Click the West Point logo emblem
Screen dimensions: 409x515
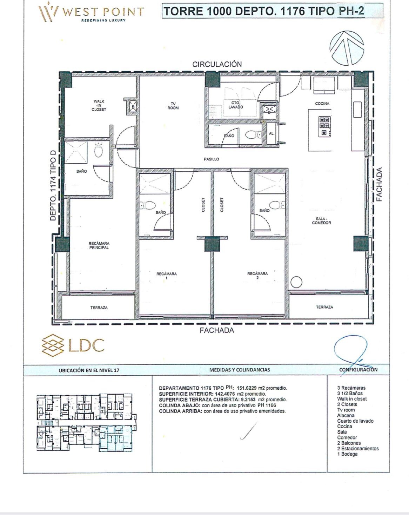[x=48, y=12]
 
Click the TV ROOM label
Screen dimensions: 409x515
[x=173, y=106]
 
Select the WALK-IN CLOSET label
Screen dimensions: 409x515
[x=99, y=105]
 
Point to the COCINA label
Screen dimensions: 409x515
[x=322, y=104]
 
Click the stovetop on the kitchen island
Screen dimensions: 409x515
[x=324, y=126]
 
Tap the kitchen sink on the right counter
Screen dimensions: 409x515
[x=357, y=110]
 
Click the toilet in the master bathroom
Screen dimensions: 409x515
[x=99, y=150]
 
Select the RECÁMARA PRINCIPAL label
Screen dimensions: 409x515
[x=99, y=245]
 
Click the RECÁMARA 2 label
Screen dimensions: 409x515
[x=257, y=276]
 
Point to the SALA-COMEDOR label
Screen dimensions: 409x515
[x=321, y=221]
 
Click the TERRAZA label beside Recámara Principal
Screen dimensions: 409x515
[x=99, y=308]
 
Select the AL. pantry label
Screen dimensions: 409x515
[x=271, y=133]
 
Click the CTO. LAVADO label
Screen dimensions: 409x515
[x=235, y=105]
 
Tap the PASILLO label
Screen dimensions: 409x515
[x=212, y=159]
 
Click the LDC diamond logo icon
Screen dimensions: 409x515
[x=53, y=345]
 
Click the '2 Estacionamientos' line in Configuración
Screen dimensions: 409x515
[x=358, y=448]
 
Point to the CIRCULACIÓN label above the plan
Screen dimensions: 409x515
[x=217, y=64]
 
